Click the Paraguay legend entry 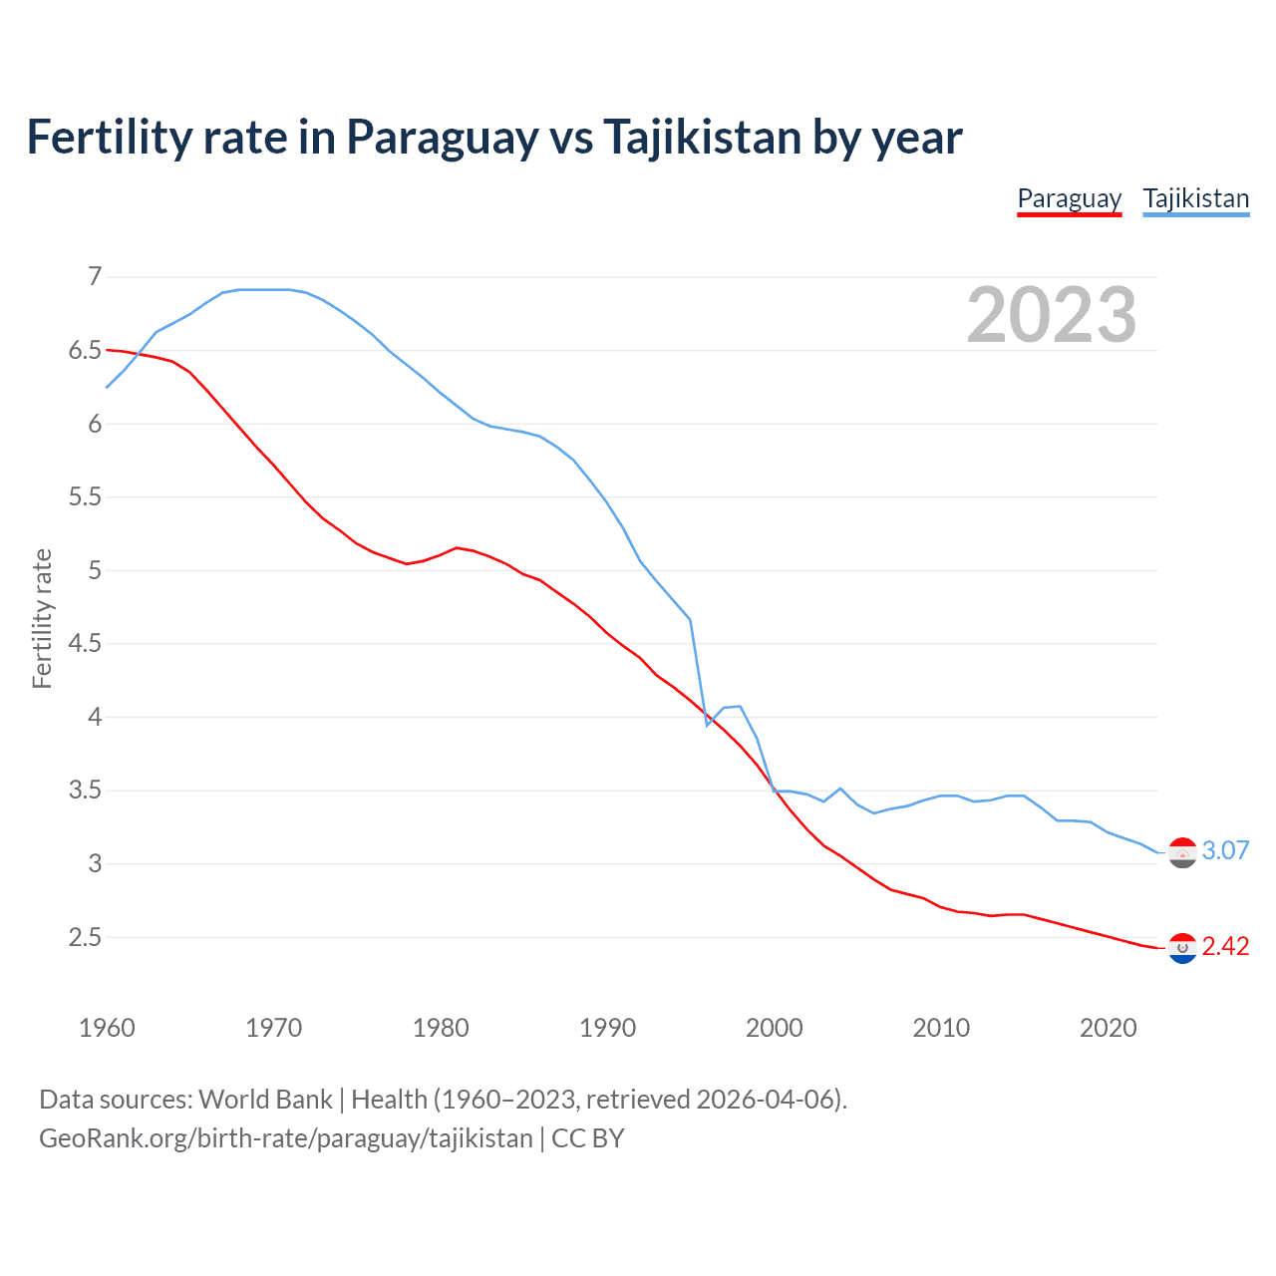coord(1069,198)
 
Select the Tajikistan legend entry coord(1195,198)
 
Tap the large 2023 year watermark coord(1051,315)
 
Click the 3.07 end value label coord(1225,850)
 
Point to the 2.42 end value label coord(1225,946)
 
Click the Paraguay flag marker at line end coord(1182,948)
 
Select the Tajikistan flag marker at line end coord(1182,852)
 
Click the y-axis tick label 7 coord(95,276)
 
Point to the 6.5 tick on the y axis coord(86,350)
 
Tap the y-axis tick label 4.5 coord(86,643)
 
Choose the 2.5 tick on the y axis coord(86,937)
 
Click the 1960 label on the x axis coord(107,1028)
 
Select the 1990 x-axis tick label coord(607,1028)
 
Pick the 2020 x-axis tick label coord(1108,1028)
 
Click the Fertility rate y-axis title coord(42,618)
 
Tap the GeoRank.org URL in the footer coord(285,1138)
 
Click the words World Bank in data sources coord(265,1100)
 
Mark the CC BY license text coord(588,1138)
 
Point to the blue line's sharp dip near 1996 coord(708,724)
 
